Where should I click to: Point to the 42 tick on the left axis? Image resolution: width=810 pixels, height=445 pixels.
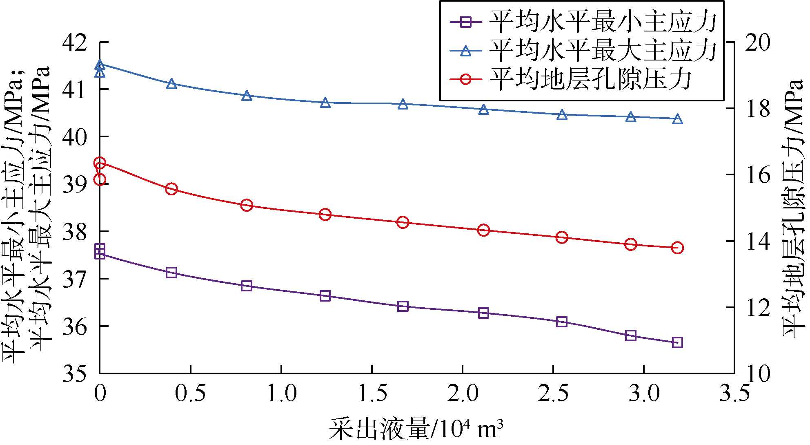coord(74,42)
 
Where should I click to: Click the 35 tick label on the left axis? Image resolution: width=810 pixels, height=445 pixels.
coord(74,373)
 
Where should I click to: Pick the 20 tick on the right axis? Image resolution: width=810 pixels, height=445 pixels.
coord(758,42)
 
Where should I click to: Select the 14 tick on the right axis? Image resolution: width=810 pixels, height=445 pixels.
coord(758,241)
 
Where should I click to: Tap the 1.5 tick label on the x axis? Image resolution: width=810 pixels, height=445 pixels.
coord(372,394)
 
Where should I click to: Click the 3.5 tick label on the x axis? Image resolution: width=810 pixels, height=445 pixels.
coord(734,394)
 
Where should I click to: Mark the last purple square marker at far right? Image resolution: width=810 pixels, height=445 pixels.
coord(677,342)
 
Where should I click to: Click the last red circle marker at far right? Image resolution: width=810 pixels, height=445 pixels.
coord(677,248)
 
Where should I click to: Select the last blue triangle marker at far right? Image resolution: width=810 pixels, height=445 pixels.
coord(677,119)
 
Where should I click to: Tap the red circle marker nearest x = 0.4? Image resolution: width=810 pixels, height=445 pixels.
coord(171,189)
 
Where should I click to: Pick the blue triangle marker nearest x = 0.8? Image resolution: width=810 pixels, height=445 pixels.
coord(246,96)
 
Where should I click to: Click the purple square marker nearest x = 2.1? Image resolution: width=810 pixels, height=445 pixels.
coord(483,313)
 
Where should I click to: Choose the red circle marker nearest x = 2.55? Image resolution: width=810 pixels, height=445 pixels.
coord(562,237)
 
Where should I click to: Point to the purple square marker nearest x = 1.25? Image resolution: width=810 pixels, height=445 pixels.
coord(325,296)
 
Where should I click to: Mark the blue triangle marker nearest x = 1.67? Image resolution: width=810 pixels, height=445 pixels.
coord(403,105)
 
